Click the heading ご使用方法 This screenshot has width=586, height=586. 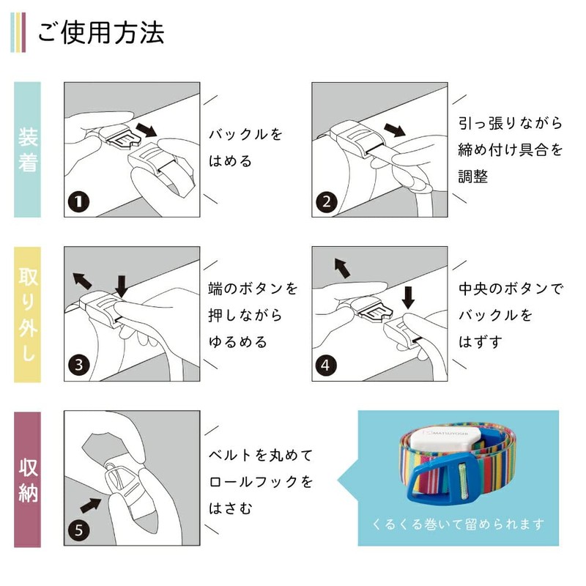[101, 33]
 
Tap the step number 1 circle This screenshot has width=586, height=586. [78, 202]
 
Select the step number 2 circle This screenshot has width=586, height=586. [327, 202]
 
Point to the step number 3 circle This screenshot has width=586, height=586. [78, 365]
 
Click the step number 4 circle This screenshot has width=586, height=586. [326, 365]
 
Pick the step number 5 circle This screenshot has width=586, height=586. [78, 530]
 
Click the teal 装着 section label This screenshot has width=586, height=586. [27, 149]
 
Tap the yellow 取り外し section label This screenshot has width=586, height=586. [27, 314]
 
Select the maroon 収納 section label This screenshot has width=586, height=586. [27, 480]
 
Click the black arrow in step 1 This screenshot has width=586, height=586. [146, 130]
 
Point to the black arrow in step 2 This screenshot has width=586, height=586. [395, 130]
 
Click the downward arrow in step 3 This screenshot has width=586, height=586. [122, 286]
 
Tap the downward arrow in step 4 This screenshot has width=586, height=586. [408, 297]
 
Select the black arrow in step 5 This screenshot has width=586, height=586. [91, 505]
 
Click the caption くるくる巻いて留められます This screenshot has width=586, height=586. [459, 524]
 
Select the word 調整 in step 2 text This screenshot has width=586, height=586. [473, 176]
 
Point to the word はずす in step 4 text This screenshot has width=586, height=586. [481, 341]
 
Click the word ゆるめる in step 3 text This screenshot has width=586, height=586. [237, 341]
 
